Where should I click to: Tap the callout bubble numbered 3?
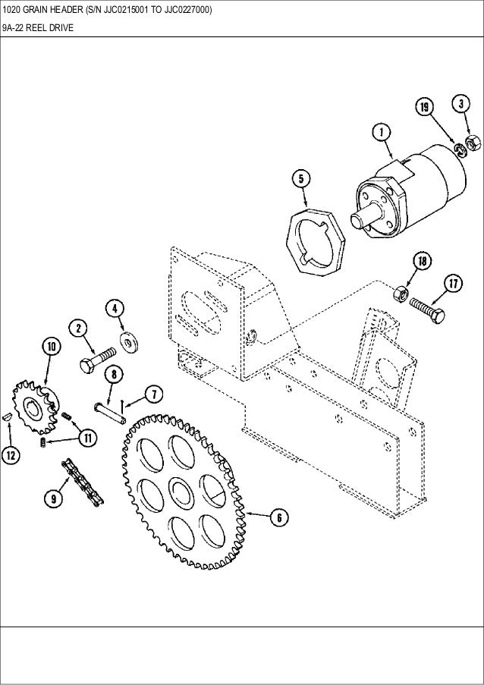460,102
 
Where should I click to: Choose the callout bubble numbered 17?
453,284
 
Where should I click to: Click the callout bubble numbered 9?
54,498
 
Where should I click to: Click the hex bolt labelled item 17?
427,309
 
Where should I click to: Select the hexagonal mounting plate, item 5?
316,240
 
